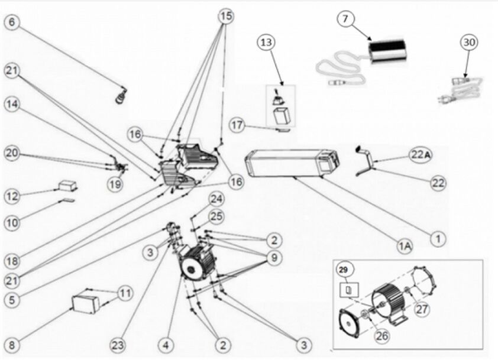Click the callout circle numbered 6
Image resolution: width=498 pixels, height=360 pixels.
click(x=12, y=23)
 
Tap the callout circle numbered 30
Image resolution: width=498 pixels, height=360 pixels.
click(x=469, y=43)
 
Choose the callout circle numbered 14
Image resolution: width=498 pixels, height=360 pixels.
click(x=12, y=105)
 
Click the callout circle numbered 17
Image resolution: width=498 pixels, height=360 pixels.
click(x=237, y=126)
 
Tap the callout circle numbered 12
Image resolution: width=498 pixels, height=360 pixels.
click(x=12, y=195)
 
